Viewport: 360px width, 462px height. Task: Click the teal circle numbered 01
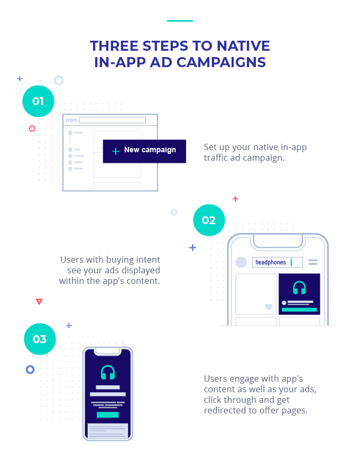pyautogui.click(x=38, y=101)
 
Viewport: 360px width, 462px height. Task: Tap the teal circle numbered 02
pyautogui.click(x=209, y=220)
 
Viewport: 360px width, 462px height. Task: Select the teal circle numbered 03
pyautogui.click(x=40, y=339)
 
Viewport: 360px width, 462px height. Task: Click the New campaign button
pyautogui.click(x=144, y=151)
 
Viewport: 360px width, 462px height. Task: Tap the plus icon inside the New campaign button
pyautogui.click(x=116, y=151)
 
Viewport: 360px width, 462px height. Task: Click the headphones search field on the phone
pyautogui.click(x=277, y=262)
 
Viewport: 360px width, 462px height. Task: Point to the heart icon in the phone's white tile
pyautogui.click(x=269, y=307)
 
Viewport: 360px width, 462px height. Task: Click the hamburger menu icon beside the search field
pyautogui.click(x=313, y=262)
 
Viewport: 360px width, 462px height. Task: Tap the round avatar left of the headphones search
pyautogui.click(x=241, y=262)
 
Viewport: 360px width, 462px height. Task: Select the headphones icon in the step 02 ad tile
pyautogui.click(x=299, y=288)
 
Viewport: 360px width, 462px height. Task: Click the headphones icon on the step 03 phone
pyautogui.click(x=108, y=373)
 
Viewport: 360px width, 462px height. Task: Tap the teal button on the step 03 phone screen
pyautogui.click(x=108, y=414)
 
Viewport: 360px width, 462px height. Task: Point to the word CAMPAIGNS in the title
pyautogui.click(x=221, y=62)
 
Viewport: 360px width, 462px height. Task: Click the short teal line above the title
pyautogui.click(x=180, y=21)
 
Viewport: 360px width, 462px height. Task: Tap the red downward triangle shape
pyautogui.click(x=39, y=302)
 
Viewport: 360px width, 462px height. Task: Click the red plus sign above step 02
pyautogui.click(x=235, y=199)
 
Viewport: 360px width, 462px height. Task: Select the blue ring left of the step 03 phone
pyautogui.click(x=30, y=369)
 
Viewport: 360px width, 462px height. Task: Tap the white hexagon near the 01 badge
pyautogui.click(x=59, y=80)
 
